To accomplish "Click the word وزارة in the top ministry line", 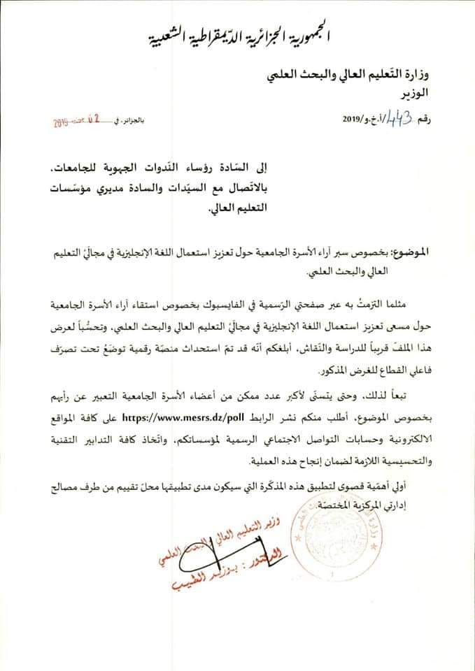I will (434, 73).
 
